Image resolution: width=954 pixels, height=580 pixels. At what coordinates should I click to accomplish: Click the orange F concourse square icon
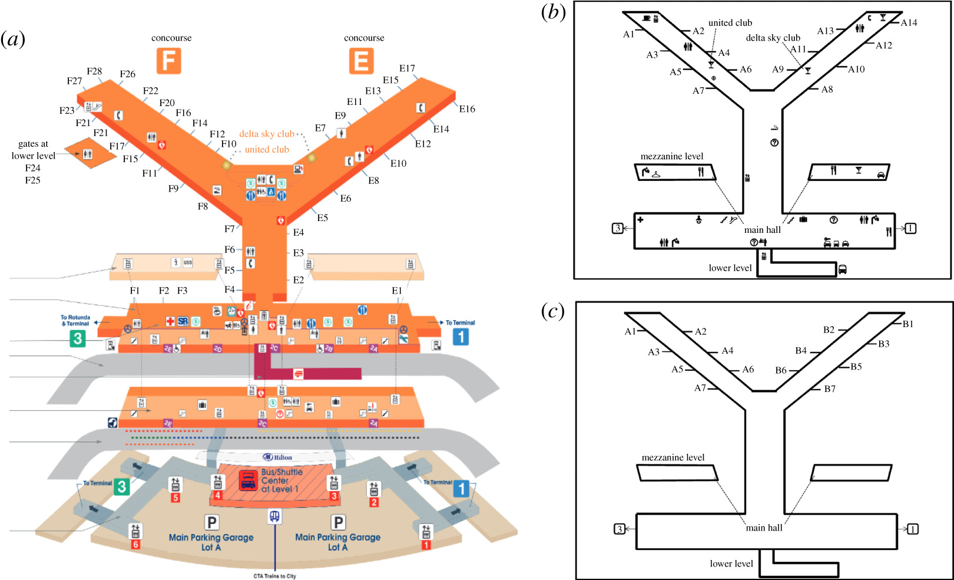168,61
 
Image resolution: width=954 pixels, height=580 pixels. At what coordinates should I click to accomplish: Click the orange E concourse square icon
361,61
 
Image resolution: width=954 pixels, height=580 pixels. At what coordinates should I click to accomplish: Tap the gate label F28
94,71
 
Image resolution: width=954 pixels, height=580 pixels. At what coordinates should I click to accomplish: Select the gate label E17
407,68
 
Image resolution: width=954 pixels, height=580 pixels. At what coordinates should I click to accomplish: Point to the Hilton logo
277,457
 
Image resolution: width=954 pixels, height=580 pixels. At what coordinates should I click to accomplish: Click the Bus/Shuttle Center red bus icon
248,480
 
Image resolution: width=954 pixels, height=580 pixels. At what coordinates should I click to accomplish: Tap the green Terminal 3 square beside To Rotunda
77,338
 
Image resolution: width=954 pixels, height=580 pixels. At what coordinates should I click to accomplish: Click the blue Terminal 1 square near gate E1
461,337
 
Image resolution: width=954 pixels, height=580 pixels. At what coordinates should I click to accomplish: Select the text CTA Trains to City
274,576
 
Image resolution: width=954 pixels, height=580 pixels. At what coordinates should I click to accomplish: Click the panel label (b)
553,12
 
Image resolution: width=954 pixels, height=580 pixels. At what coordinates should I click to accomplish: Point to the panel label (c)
552,311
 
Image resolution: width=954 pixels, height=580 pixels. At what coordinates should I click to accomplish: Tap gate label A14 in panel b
909,23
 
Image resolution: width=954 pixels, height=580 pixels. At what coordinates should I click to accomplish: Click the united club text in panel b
730,23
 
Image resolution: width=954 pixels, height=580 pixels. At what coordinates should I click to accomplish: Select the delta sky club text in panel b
773,38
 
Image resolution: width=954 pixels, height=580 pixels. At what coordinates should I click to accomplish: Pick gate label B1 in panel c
907,324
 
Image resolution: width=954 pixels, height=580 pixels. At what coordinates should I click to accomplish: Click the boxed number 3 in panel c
620,529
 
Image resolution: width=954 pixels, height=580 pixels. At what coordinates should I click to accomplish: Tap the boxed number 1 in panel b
910,228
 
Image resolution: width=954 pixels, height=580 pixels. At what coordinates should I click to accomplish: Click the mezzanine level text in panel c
673,457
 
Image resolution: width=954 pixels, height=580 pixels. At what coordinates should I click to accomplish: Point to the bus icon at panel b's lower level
843,269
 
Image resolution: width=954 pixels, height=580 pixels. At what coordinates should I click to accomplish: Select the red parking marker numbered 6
135,545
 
